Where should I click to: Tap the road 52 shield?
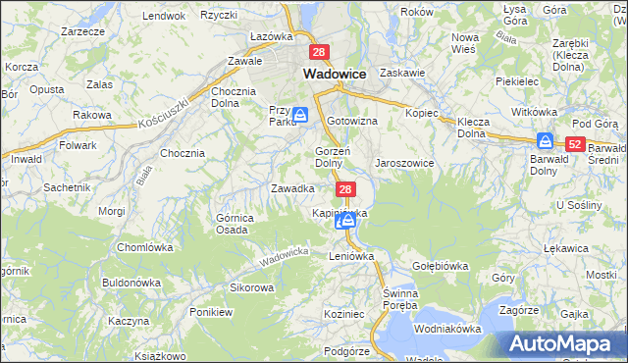(576, 144)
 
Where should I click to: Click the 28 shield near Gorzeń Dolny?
(344, 187)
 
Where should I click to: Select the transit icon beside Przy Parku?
(301, 115)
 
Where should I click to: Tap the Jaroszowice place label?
(404, 163)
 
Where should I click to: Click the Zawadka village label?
(292, 187)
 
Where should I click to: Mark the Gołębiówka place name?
(440, 266)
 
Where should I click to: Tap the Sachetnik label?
(67, 186)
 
